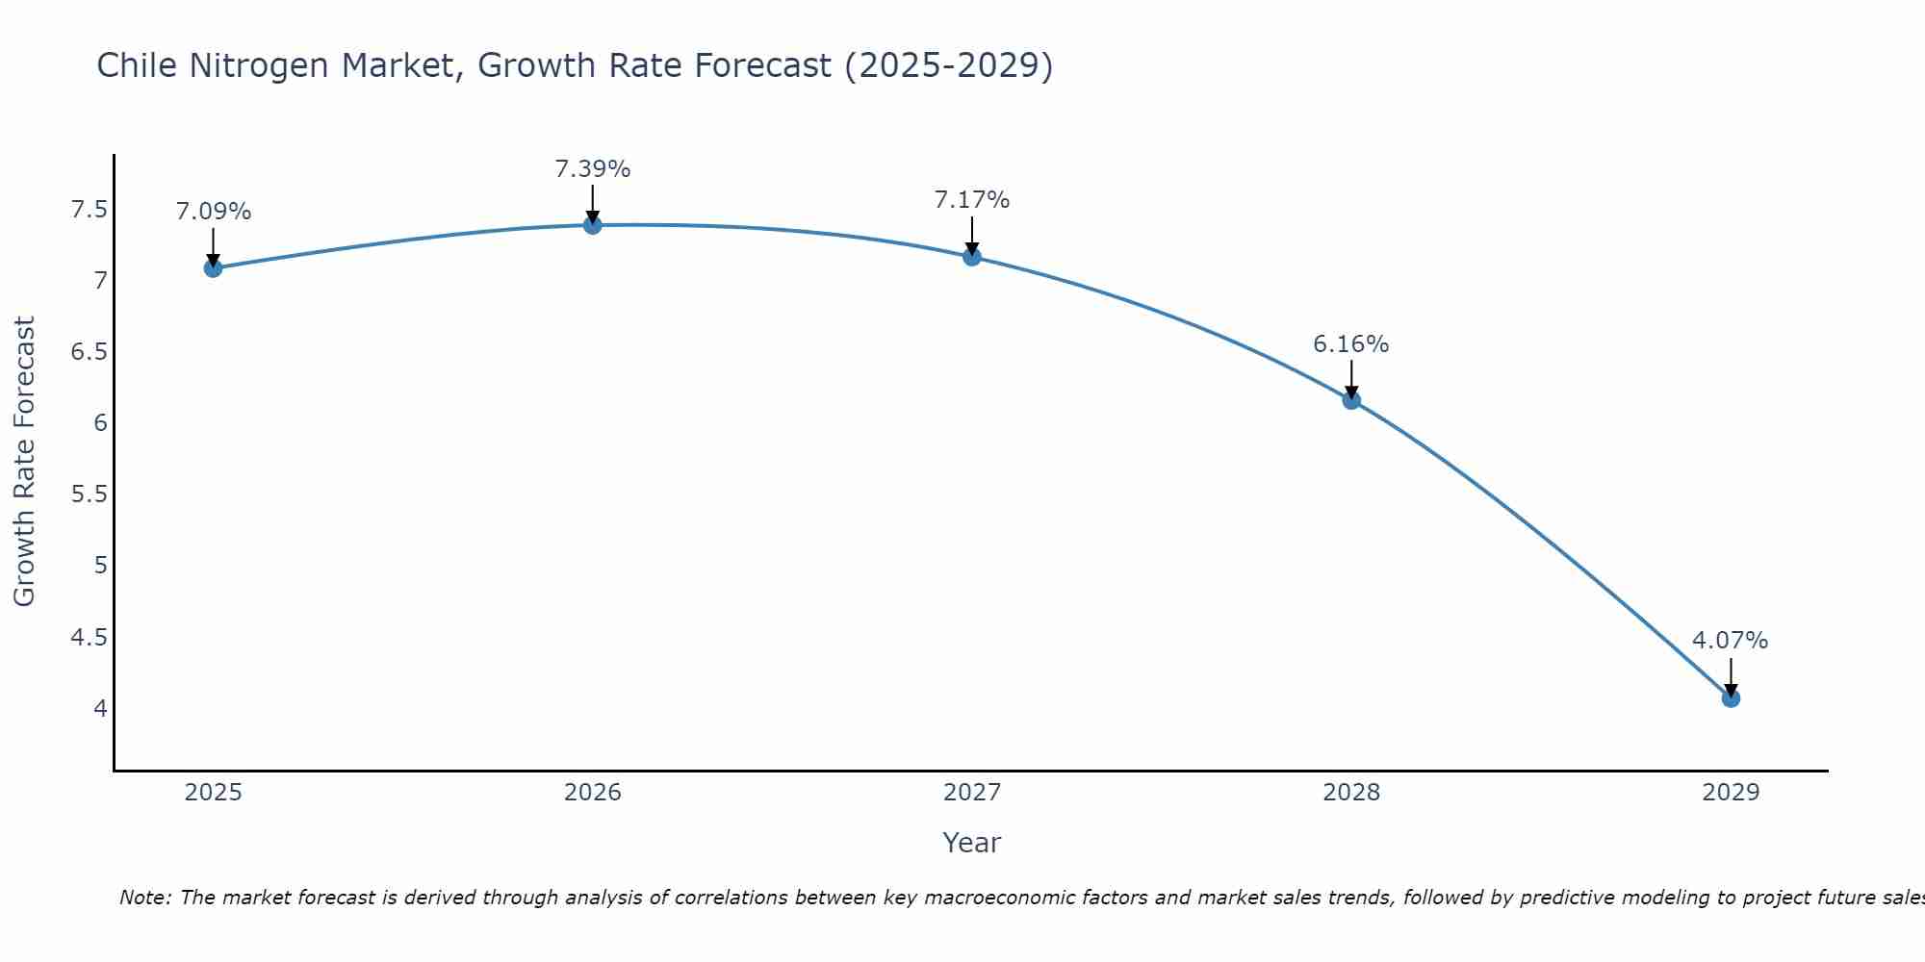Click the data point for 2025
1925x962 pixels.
tap(213, 267)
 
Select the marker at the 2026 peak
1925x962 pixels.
tap(592, 225)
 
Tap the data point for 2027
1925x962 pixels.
tap(971, 256)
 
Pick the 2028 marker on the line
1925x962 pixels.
tap(1350, 400)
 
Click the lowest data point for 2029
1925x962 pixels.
tap(1730, 698)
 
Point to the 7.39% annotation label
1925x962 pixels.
tap(592, 169)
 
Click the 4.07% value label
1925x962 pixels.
tap(1730, 641)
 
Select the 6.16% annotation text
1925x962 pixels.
tap(1350, 344)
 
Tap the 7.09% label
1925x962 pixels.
tap(213, 212)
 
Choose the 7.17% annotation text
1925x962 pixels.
tap(971, 200)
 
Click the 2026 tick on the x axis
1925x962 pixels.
tap(592, 793)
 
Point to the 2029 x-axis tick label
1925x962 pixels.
tap(1730, 793)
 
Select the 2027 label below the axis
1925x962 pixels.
tap(971, 793)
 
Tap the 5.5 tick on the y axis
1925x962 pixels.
tap(89, 494)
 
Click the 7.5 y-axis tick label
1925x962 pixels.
tap(89, 210)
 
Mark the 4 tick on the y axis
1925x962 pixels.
tap(100, 709)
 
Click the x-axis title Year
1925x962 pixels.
tap(971, 843)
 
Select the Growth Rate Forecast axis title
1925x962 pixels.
tap(24, 462)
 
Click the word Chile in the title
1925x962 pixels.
tap(138, 65)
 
